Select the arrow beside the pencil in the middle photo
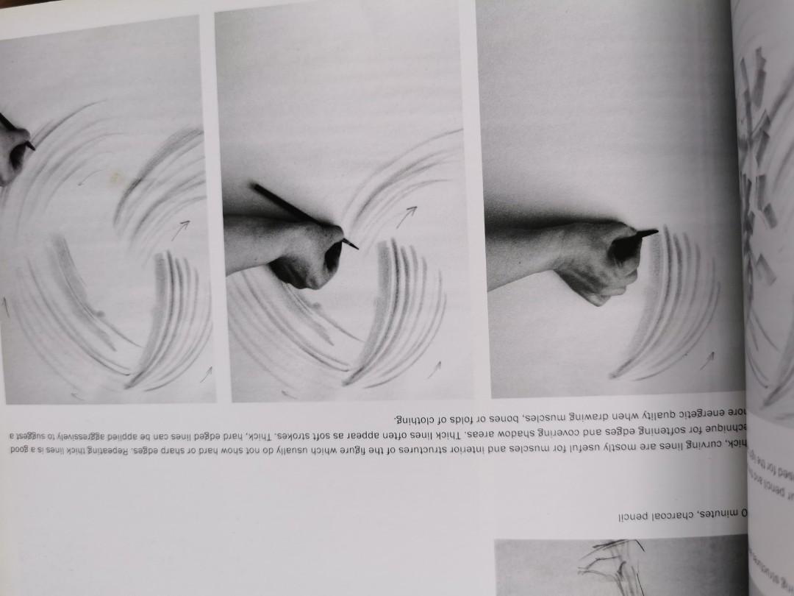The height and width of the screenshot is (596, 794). click(x=405, y=216)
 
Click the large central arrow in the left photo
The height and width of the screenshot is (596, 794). click(x=179, y=230)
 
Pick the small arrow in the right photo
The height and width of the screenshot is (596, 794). click(x=707, y=360)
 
